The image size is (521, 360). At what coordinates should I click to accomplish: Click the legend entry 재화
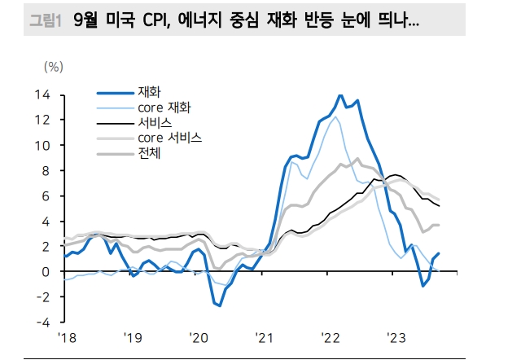coord(150,91)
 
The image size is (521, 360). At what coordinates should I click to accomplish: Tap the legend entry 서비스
coord(154,123)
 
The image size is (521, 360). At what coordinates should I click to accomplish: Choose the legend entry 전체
coord(150,152)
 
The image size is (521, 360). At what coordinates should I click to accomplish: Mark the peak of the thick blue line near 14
coord(340,95)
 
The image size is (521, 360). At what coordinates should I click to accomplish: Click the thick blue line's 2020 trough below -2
coord(218,306)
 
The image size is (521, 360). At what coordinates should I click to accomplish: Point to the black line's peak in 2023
coord(396,175)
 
